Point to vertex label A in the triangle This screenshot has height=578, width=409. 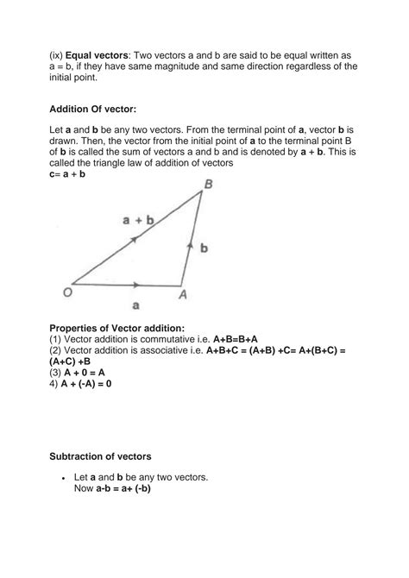183,294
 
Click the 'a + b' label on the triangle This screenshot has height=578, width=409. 138,220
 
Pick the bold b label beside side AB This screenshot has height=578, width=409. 204,247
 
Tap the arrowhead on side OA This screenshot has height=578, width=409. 135,284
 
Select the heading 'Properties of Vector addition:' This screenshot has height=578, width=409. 116,328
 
